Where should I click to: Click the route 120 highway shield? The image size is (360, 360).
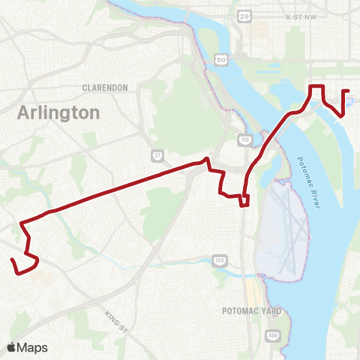coord(218,259)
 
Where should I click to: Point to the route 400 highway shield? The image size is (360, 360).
coord(272,334)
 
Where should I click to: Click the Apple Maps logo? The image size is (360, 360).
coord(27,346)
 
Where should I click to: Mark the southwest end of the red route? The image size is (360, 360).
coord(12,260)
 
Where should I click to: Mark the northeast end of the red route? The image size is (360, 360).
coord(349,91)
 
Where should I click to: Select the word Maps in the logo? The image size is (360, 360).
coord(33,346)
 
